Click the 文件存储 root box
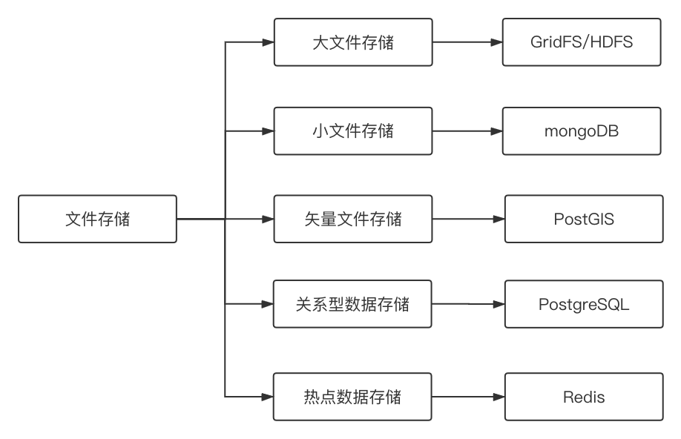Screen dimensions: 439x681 pyautogui.click(x=97, y=219)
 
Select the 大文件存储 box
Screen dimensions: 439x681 pyautogui.click(x=352, y=42)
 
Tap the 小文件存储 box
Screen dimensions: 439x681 pyautogui.click(x=352, y=131)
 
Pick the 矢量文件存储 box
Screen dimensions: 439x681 pyautogui.click(x=352, y=219)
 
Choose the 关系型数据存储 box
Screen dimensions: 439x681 pyautogui.click(x=352, y=304)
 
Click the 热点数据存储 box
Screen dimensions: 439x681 pyautogui.click(x=352, y=397)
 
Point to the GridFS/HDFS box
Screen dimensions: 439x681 pyautogui.click(x=581, y=42)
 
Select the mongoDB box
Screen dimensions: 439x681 pyautogui.click(x=581, y=131)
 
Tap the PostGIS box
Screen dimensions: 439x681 pyautogui.click(x=584, y=219)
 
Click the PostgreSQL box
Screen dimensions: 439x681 pyautogui.click(x=584, y=304)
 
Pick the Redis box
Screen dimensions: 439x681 pyautogui.click(x=584, y=397)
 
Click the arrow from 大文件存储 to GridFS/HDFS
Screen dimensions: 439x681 pyautogui.click(x=467, y=42)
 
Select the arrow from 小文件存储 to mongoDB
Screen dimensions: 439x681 pyautogui.click(x=467, y=131)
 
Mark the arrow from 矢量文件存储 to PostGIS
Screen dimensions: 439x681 pyautogui.click(x=468, y=219)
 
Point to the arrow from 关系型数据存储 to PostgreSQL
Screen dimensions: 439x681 pyautogui.click(x=468, y=304)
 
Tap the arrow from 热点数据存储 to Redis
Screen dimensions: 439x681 pyautogui.click(x=468, y=397)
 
